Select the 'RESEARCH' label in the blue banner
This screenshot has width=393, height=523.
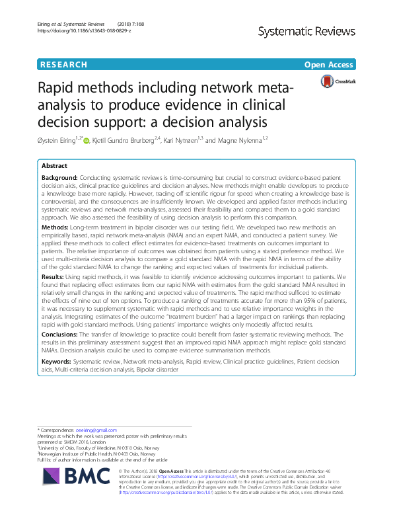63,65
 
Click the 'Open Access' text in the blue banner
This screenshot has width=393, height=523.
330,65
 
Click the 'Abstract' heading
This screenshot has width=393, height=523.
55,167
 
